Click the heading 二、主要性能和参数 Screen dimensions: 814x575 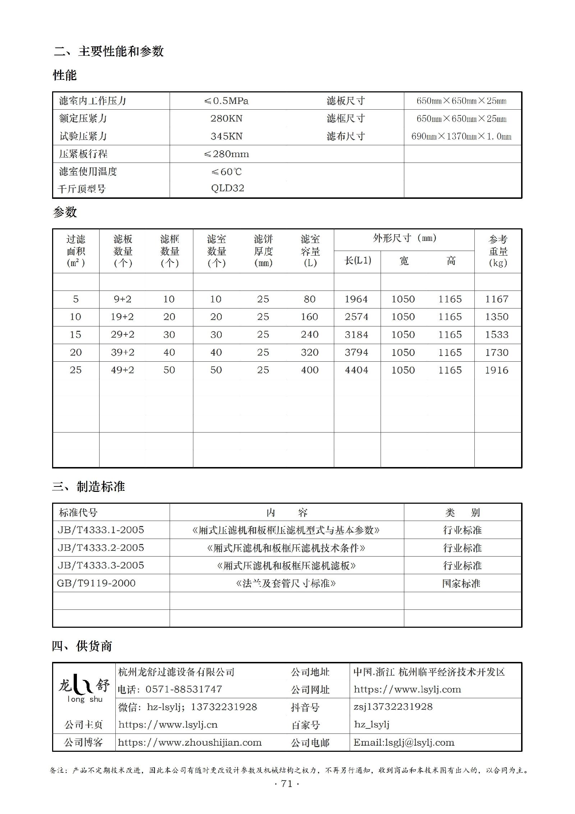pyautogui.click(x=109, y=51)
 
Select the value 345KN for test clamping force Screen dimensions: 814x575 pyautogui.click(x=226, y=136)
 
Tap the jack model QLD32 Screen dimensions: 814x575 pyautogui.click(x=227, y=188)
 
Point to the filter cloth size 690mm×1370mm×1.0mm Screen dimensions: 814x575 pyautogui.click(x=461, y=136)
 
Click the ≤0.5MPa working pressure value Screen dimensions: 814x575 pyautogui.click(x=226, y=101)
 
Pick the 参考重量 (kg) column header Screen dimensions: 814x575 pyautogui.click(x=498, y=251)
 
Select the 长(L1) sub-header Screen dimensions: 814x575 pyautogui.click(x=357, y=260)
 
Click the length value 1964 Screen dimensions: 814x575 pyautogui.click(x=356, y=299)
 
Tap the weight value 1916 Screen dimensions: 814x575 pyautogui.click(x=497, y=370)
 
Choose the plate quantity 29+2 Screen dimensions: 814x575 pyautogui.click(x=123, y=334)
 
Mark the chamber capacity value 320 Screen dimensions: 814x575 pyautogui.click(x=309, y=352)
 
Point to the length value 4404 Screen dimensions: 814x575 pyautogui.click(x=356, y=370)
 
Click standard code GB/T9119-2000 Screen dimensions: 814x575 pyautogui.click(x=96, y=583)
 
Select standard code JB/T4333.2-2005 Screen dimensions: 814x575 pyautogui.click(x=101, y=548)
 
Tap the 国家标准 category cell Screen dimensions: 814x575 pyautogui.click(x=461, y=583)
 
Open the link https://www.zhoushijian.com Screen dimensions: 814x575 pyautogui.click(x=190, y=742)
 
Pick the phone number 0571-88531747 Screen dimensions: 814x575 pyautogui.click(x=184, y=689)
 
